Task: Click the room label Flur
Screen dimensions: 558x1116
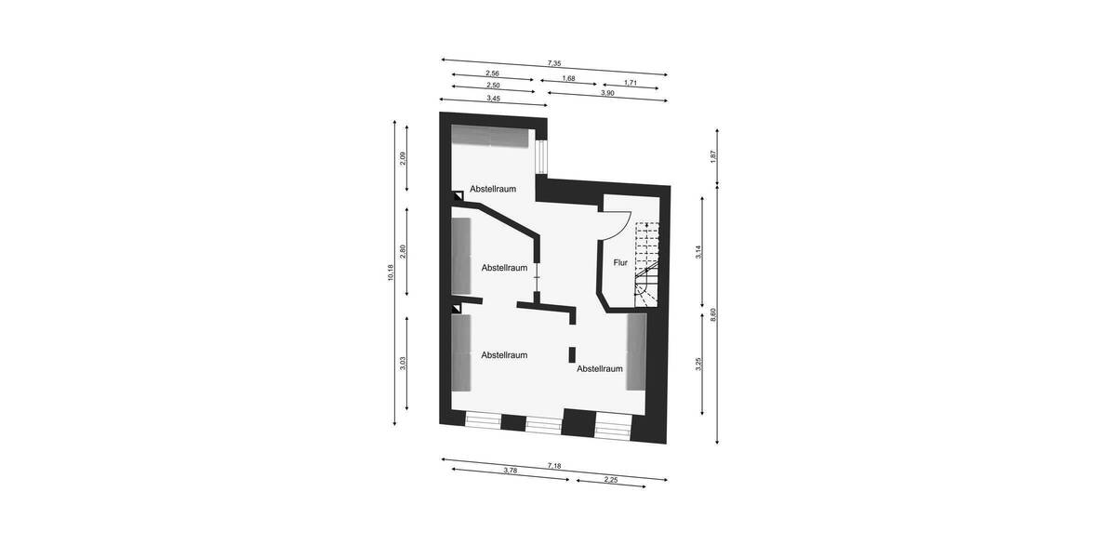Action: point(620,262)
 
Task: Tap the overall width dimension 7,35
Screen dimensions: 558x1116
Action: point(554,63)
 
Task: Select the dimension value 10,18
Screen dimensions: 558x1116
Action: point(391,272)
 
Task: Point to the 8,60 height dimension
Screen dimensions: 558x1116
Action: point(713,313)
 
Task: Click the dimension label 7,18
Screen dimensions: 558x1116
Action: point(554,465)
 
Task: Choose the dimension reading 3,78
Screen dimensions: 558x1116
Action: point(510,471)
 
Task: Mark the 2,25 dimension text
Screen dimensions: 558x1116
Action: point(611,480)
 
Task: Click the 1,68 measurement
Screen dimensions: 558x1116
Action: point(568,79)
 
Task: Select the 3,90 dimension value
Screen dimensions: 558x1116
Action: point(606,93)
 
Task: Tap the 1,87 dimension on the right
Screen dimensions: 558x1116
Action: point(713,157)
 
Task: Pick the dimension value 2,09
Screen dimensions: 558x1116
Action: point(403,158)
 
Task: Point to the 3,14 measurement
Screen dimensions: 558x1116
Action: point(698,251)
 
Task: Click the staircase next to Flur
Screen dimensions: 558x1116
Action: point(646,265)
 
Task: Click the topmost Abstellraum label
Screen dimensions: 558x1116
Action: point(493,189)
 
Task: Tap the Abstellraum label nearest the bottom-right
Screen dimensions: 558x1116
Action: point(600,368)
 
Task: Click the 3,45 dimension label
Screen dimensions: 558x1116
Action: point(492,98)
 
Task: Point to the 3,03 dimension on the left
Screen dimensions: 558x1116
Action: point(403,364)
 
